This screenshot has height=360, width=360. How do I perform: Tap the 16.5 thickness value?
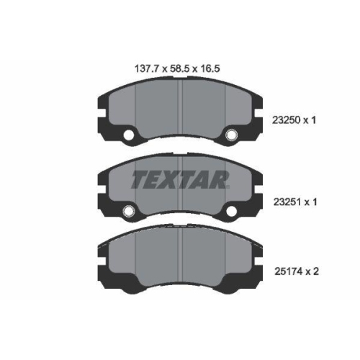(215, 70)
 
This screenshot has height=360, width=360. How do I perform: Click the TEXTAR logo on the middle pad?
(180, 179)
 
